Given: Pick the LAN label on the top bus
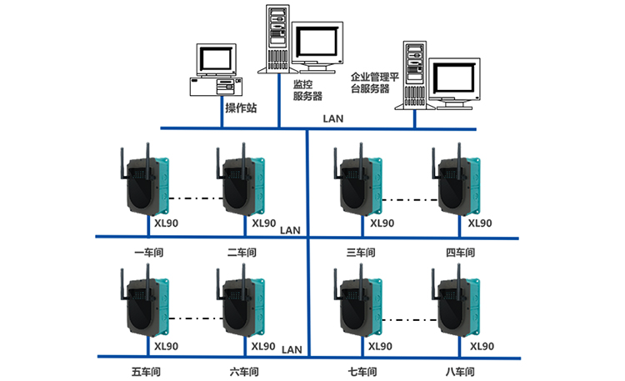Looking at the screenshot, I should (x=332, y=119).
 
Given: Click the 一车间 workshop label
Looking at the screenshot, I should (x=150, y=251).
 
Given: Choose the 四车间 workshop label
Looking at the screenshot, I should (x=459, y=251).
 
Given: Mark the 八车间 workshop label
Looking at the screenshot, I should (x=459, y=371).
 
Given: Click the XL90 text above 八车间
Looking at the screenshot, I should (x=481, y=346).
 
